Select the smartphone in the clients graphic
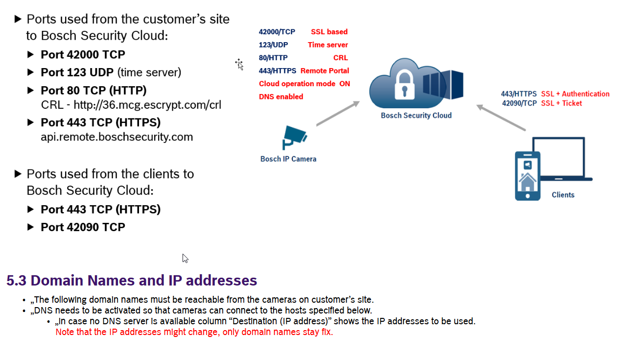[527, 176]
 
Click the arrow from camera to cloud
[338, 114]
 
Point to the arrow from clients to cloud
[501, 118]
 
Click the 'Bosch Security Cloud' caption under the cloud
[416, 116]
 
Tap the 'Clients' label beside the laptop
[563, 195]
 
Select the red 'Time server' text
[328, 45]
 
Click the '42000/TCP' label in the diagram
[277, 32]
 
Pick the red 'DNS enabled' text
[281, 96]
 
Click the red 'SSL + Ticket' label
[561, 103]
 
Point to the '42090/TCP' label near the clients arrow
[519, 103]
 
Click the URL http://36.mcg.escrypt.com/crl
[147, 105]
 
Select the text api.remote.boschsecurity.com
[116, 137]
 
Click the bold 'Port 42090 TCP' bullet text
[83, 227]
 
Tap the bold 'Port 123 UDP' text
[77, 72]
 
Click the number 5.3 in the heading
[16, 281]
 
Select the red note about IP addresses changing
[194, 332]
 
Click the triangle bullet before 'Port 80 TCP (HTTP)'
[30, 91]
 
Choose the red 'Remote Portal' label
[325, 71]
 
